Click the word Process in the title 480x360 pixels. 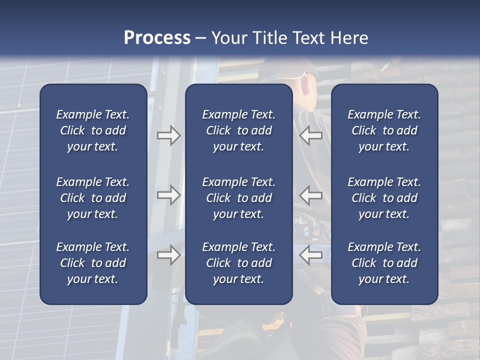(157, 38)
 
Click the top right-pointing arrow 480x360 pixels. (169, 135)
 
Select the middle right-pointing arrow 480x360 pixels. (169, 195)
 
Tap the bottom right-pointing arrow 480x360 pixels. (169, 255)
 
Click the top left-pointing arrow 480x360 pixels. (310, 135)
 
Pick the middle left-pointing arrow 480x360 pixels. (310, 195)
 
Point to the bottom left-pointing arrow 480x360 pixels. (310, 255)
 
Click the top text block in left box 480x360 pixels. (93, 130)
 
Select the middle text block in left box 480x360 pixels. (93, 198)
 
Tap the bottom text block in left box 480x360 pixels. (93, 263)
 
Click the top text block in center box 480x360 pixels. (238, 130)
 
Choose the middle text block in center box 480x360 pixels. (238, 198)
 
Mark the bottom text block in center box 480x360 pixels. (238, 263)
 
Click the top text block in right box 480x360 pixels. (384, 130)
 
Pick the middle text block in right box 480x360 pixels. (384, 198)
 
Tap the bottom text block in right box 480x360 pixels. (384, 263)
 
